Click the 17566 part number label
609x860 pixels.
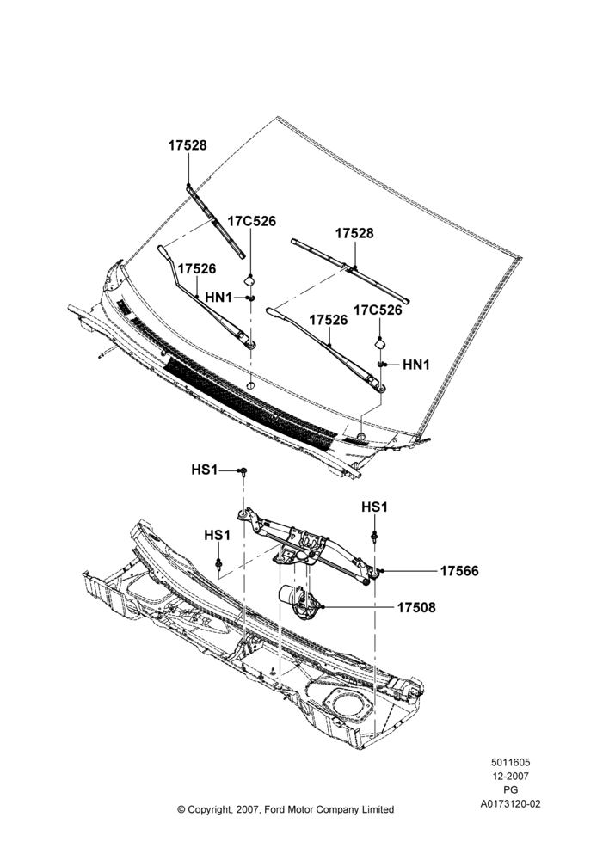459,571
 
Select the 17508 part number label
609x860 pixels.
416,607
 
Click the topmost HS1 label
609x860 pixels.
205,470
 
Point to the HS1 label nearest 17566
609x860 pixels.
374,507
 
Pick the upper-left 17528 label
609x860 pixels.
188,145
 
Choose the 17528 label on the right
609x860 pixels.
354,233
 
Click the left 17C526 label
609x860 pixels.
252,221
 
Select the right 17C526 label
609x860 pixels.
378,310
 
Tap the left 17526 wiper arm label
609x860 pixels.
197,268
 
